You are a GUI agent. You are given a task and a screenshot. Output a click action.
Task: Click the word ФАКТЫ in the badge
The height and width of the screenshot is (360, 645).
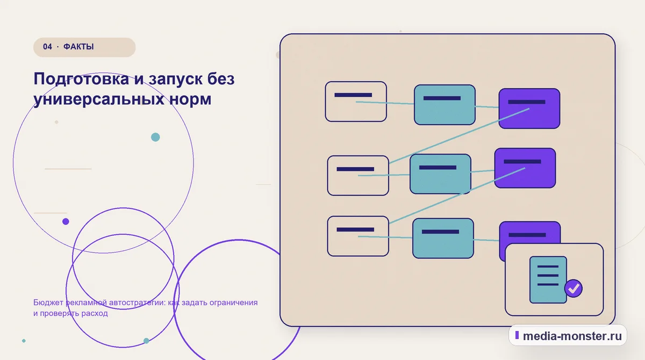point(78,47)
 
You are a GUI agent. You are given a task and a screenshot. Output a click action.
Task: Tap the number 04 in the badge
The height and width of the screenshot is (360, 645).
point(47,47)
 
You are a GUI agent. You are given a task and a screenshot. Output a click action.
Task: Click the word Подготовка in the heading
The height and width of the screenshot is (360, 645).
point(82,80)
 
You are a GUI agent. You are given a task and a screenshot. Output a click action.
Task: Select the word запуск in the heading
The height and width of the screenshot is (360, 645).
point(175,80)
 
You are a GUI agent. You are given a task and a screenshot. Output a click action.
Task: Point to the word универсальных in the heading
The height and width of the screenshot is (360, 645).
point(99,99)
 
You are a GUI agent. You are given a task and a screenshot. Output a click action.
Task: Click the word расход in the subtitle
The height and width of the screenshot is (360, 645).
point(95,313)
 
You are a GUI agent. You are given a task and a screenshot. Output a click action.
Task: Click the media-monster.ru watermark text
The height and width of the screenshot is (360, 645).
point(572,336)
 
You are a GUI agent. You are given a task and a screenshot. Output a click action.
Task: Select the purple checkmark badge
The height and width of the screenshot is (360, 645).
point(574,289)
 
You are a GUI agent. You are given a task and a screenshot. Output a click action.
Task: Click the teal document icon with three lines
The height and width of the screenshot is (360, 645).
point(548,280)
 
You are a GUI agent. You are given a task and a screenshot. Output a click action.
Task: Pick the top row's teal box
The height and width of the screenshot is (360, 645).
point(445,105)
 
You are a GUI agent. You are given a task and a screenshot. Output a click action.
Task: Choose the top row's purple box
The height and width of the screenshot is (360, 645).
point(529,109)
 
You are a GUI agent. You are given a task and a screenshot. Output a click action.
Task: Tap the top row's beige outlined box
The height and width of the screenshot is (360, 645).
point(356,102)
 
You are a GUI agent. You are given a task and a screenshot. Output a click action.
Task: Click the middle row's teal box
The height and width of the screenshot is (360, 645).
point(441,174)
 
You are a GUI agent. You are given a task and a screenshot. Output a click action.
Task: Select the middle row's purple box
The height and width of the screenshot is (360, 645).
point(525,168)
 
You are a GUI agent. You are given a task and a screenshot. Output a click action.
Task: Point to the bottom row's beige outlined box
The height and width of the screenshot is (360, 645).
point(358,236)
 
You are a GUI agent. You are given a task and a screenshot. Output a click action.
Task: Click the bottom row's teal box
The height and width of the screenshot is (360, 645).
point(443,238)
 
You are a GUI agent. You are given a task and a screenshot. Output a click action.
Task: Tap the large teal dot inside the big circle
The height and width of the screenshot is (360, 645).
point(155,137)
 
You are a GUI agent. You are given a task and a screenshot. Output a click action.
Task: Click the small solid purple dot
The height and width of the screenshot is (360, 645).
point(66,221)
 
